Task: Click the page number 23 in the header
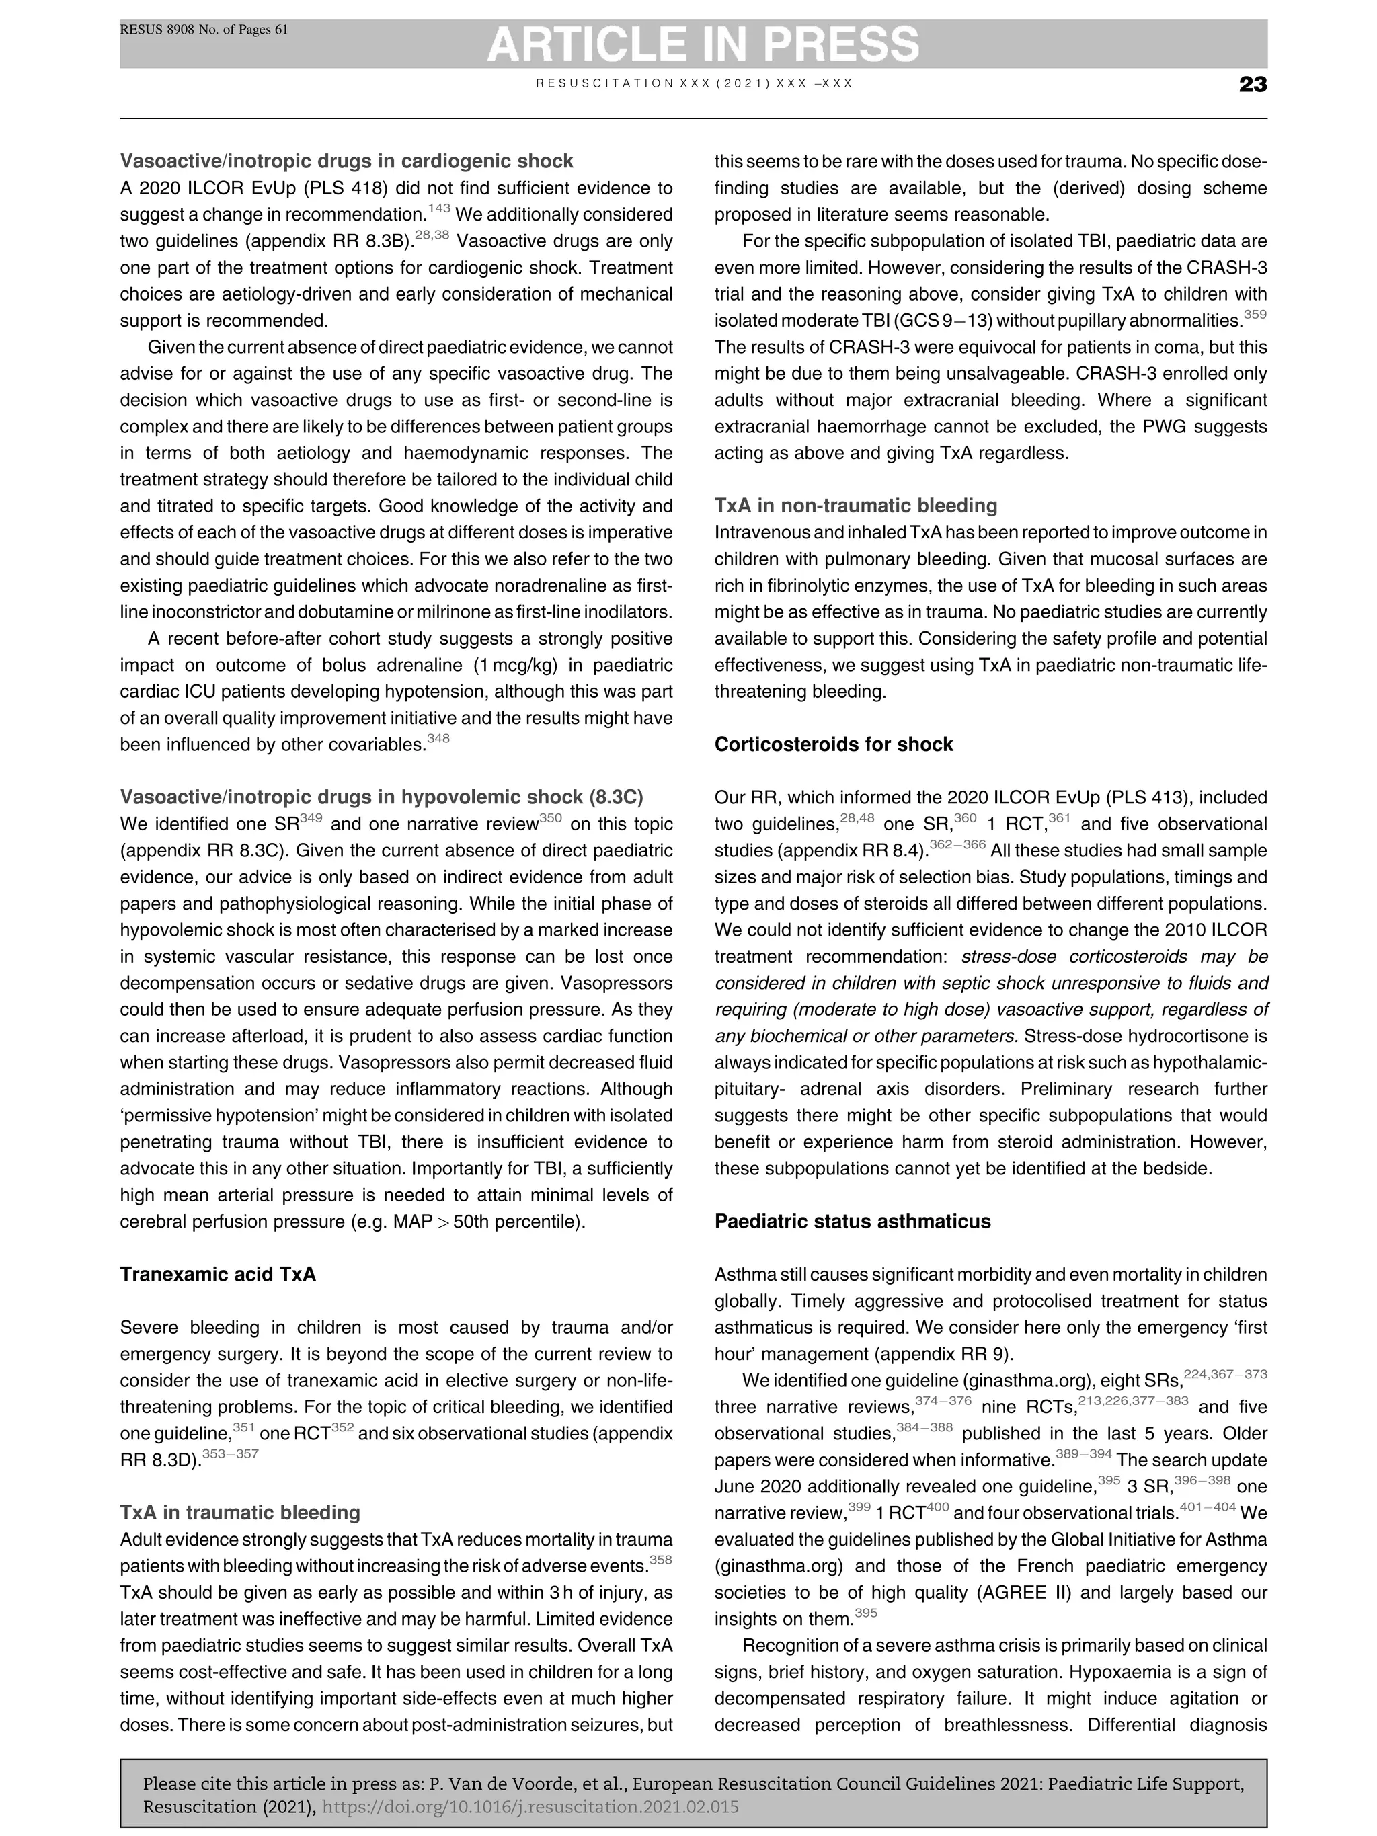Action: pos(1252,85)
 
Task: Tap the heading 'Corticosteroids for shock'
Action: pos(833,744)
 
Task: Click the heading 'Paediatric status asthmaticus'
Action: pos(853,1221)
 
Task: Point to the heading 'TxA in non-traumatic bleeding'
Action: pos(856,506)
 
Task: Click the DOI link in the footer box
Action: pos(530,1807)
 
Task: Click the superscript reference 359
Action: pos(1255,315)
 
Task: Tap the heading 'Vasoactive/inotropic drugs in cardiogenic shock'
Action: pos(346,161)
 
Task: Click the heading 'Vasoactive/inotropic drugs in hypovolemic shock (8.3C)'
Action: pos(381,797)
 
